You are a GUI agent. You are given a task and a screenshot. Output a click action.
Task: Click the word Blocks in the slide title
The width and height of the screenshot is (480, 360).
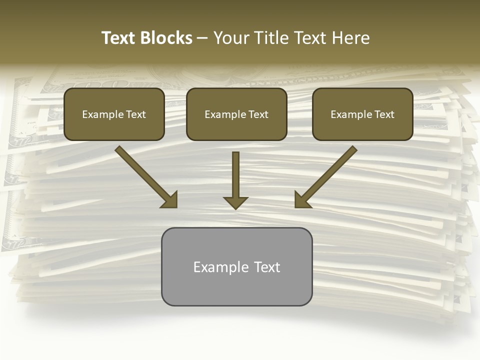[166, 38]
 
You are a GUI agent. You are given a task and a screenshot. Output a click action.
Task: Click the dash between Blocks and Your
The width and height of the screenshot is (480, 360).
[202, 38]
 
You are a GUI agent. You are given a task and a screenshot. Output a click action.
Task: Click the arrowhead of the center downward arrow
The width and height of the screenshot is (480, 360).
[235, 202]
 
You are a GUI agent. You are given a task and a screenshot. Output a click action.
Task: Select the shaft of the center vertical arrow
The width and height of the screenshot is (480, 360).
[235, 173]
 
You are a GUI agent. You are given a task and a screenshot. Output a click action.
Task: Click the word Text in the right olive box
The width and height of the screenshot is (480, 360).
[384, 114]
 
